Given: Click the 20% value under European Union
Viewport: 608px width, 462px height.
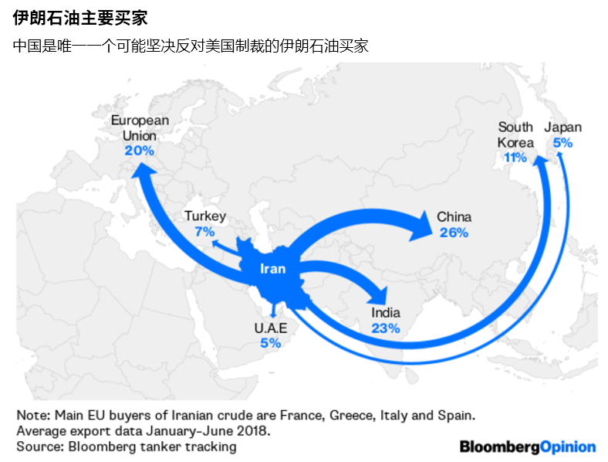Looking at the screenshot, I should point(140,151).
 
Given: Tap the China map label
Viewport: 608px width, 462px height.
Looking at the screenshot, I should point(454,217).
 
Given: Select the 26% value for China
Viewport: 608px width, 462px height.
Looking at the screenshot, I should point(454,232).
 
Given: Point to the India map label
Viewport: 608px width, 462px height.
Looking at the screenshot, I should point(385,313).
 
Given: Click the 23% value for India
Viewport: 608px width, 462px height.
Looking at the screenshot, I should point(385,328).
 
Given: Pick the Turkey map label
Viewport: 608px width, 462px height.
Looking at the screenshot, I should point(205,216).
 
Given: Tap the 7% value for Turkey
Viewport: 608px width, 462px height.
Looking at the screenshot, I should point(205,231).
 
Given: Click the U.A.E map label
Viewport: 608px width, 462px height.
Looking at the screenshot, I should point(270,328).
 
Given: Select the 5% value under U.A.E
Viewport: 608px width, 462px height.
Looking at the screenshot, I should point(270,343).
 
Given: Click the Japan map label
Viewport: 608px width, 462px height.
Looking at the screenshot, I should point(562,127).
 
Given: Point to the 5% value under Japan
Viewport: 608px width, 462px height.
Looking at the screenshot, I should point(562,143).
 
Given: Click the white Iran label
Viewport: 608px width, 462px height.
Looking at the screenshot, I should point(271,269).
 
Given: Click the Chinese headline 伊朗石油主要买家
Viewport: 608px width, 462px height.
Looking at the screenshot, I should point(80,18).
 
